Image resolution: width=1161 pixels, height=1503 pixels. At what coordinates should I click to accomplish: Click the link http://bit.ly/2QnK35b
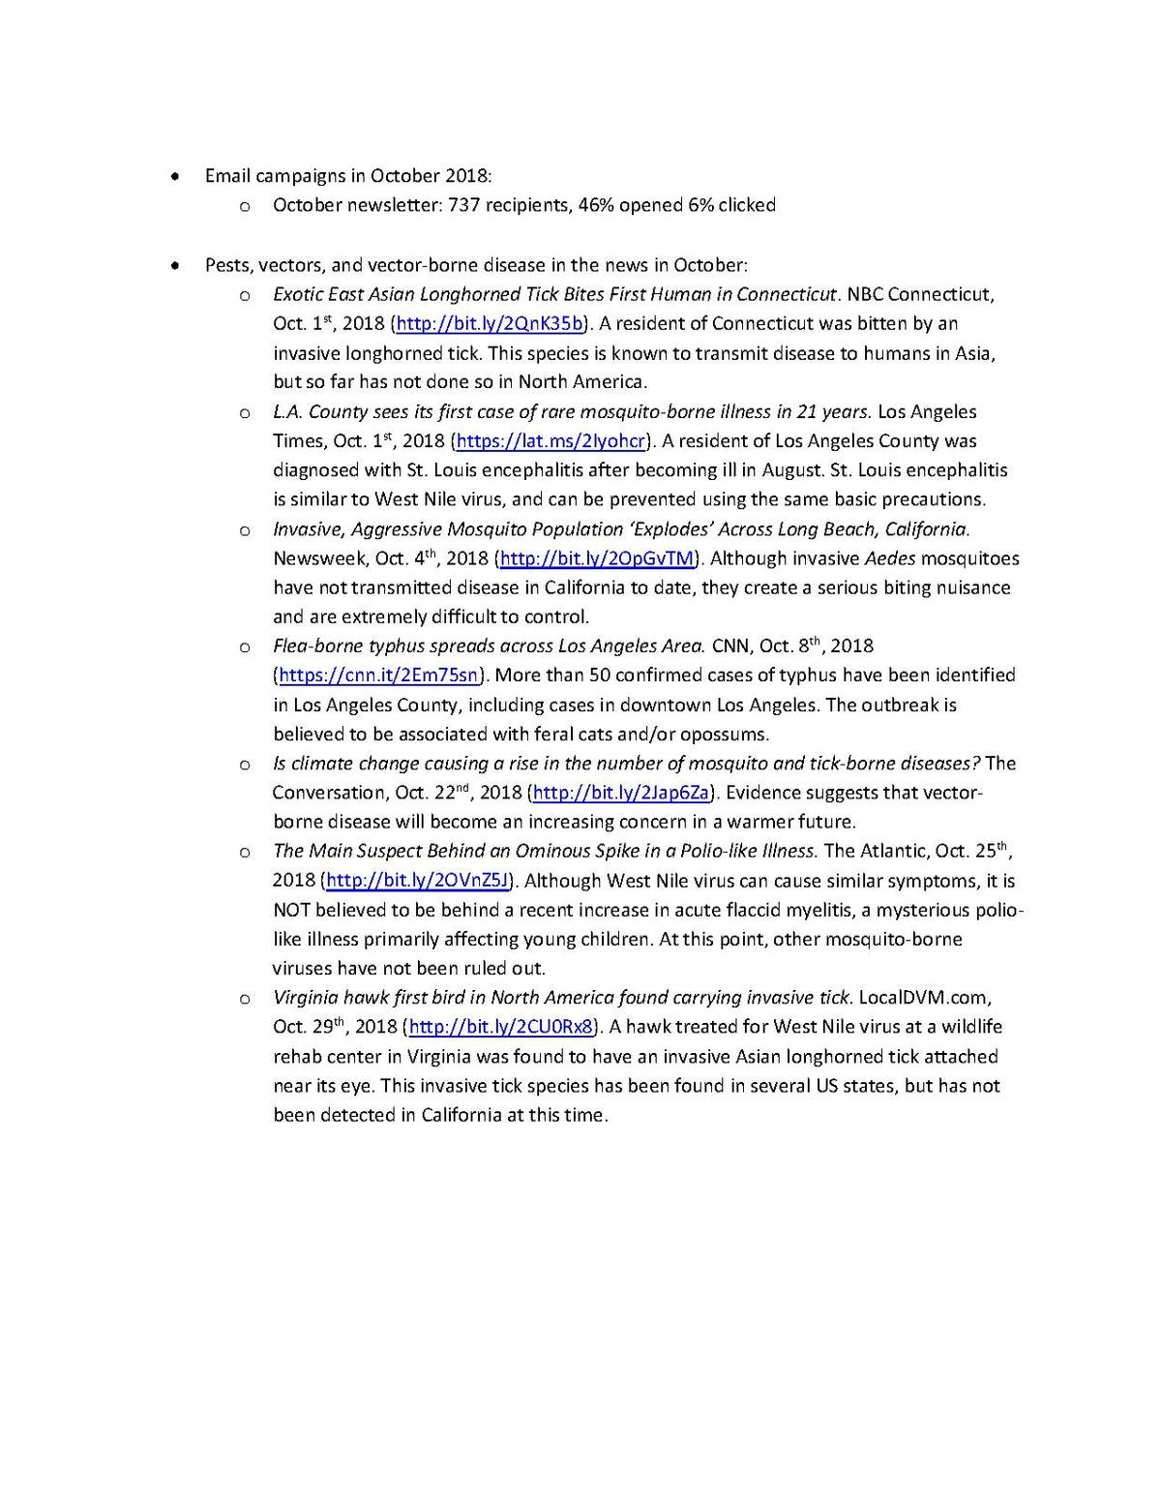[x=490, y=323]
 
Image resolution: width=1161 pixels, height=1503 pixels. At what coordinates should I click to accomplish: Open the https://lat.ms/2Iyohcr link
[x=551, y=441]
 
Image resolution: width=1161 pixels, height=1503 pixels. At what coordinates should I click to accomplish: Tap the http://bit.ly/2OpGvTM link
[x=597, y=558]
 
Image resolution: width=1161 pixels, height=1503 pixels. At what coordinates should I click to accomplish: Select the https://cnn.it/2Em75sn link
[x=378, y=676]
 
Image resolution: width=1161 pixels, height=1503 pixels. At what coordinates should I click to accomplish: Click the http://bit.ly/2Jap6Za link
[x=621, y=793]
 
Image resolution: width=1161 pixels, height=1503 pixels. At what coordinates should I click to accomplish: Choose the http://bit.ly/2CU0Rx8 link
[x=500, y=1027]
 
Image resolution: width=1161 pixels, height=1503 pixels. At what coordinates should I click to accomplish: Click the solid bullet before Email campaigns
[x=174, y=177]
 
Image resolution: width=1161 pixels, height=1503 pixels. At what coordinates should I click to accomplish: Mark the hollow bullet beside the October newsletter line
[x=245, y=206]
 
